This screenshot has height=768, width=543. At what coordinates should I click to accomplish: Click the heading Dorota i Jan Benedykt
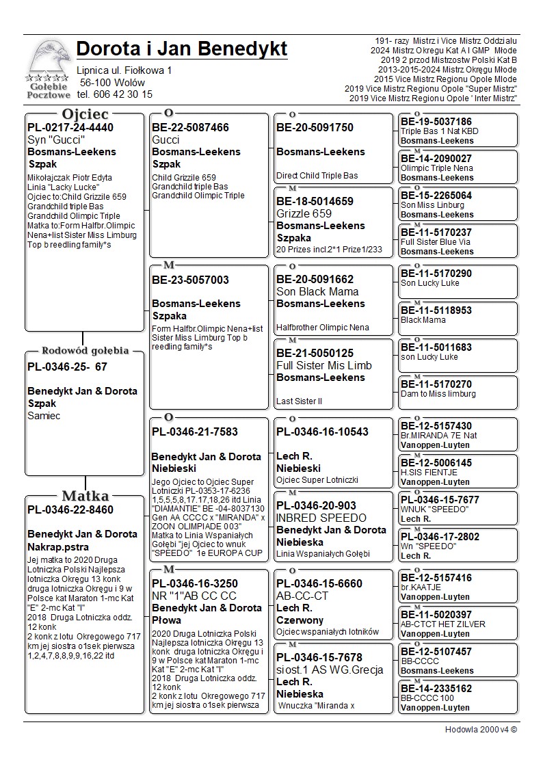click(182, 49)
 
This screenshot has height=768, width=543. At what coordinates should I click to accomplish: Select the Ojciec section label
click(85, 114)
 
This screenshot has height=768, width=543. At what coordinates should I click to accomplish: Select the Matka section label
click(85, 496)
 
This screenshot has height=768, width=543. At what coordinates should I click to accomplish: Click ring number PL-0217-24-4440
click(70, 127)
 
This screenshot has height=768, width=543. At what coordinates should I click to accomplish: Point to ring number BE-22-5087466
click(190, 127)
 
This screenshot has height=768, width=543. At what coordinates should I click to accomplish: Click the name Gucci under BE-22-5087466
click(166, 140)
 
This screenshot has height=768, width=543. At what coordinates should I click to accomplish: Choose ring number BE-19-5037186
click(436, 122)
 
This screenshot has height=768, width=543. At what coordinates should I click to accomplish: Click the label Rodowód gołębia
click(85, 351)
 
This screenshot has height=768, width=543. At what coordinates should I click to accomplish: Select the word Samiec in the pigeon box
click(44, 416)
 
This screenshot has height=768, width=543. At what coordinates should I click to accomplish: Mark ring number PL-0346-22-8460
click(70, 509)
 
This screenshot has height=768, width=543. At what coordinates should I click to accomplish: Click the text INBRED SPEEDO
click(321, 518)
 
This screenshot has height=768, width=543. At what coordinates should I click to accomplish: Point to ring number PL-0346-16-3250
click(195, 583)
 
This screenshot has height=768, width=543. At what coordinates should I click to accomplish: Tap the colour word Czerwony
click(300, 620)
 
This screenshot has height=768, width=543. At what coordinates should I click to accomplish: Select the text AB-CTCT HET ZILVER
click(443, 624)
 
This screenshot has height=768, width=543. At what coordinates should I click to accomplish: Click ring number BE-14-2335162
click(436, 689)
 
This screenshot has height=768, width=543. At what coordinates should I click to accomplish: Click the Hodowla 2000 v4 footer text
click(481, 730)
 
